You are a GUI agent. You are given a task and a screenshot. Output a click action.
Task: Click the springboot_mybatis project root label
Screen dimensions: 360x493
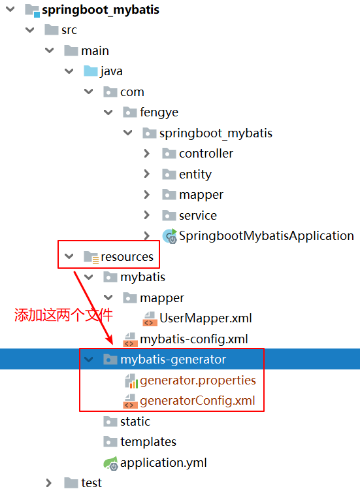pyautogui.click(x=101, y=10)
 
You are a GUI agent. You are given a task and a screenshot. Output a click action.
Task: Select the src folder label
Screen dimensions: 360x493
pyautogui.click(x=69, y=30)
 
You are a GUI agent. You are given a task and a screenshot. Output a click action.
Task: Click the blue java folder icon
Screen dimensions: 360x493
pyautogui.click(x=90, y=71)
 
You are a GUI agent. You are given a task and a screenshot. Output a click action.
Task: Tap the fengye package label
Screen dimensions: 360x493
pyautogui.click(x=159, y=112)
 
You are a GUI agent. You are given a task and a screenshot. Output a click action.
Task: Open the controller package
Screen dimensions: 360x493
pyautogui.click(x=206, y=154)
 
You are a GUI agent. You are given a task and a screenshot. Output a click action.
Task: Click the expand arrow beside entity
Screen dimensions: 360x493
pyautogui.click(x=147, y=174)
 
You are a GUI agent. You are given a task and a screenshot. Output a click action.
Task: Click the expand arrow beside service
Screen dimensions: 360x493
pyautogui.click(x=147, y=215)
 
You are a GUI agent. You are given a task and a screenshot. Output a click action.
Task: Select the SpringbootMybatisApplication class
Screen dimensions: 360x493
pyautogui.click(x=267, y=236)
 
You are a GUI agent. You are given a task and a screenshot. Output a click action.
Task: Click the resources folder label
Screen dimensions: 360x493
pyautogui.click(x=127, y=257)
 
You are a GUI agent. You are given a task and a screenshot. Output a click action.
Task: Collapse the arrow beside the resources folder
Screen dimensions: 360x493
pyautogui.click(x=69, y=256)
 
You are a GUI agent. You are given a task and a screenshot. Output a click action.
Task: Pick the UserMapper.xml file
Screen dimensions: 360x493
pyautogui.click(x=205, y=318)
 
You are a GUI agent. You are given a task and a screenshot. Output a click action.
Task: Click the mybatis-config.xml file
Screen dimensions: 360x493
pyautogui.click(x=194, y=339)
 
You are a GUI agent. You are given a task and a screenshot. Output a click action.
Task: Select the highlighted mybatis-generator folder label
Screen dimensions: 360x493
pyautogui.click(x=173, y=359)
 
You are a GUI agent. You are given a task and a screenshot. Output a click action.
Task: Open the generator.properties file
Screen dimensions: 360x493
pyautogui.click(x=198, y=381)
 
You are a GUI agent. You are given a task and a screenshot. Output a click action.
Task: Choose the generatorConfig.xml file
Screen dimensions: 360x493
pyautogui.click(x=197, y=401)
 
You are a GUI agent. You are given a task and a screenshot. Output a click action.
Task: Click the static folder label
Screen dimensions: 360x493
pyautogui.click(x=135, y=421)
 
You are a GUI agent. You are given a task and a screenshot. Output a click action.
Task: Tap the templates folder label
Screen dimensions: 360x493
pyautogui.click(x=148, y=442)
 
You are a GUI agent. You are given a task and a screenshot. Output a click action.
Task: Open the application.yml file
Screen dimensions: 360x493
pyautogui.click(x=163, y=463)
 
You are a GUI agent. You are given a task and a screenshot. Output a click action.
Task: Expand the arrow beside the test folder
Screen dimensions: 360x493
pyautogui.click(x=49, y=483)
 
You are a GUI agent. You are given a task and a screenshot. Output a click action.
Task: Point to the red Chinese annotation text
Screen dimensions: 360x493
pyautogui.click(x=63, y=315)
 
